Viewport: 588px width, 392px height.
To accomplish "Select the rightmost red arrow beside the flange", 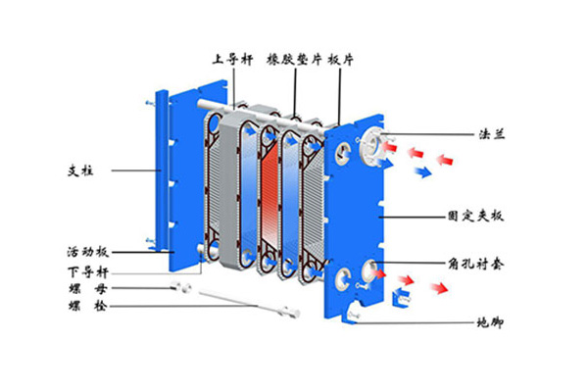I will [x=447, y=157].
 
